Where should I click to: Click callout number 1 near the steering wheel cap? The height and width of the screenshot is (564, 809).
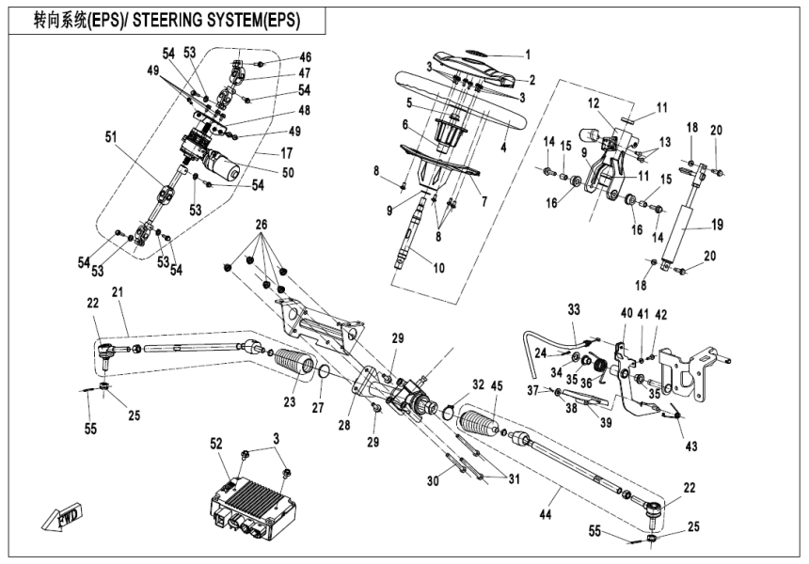[x=528, y=55]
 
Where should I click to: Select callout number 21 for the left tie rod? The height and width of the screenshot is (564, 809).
[x=118, y=294]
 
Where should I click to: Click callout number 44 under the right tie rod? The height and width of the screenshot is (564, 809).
[x=547, y=516]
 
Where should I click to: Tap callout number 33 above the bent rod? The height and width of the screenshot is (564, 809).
[x=575, y=308]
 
